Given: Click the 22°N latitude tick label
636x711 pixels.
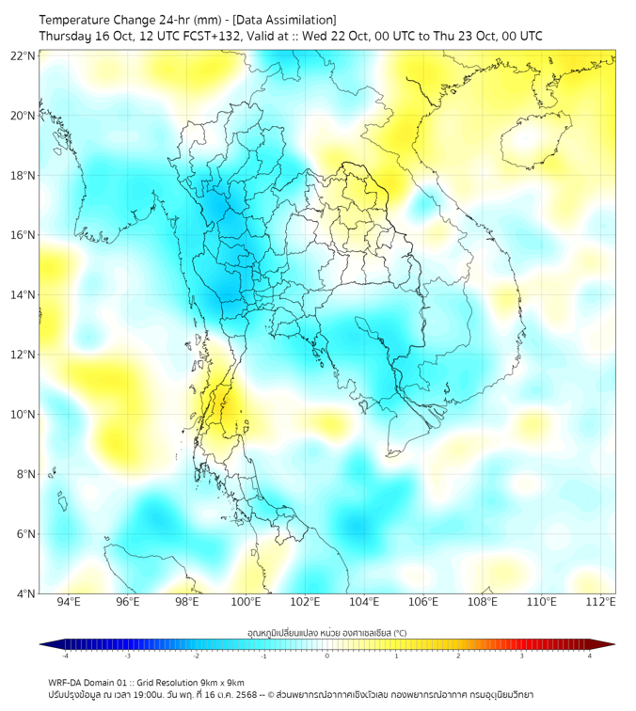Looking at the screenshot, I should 24,55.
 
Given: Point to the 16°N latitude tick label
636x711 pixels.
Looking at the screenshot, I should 24,235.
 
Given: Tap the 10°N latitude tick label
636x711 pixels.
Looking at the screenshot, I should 24,415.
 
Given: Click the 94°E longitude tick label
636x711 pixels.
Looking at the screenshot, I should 69,602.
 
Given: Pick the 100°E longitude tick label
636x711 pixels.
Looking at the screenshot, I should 246,602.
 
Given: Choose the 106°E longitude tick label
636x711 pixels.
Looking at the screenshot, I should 423,602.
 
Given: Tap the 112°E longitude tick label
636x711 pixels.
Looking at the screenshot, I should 601,602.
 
